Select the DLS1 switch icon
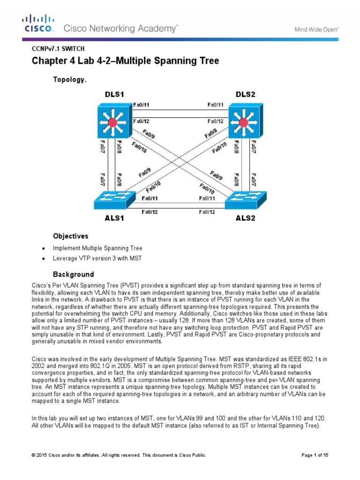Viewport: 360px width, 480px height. pos(112,123)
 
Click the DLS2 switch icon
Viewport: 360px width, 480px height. pos(243,123)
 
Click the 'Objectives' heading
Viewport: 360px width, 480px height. pos(70,236)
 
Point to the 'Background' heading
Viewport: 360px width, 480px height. pos(73,274)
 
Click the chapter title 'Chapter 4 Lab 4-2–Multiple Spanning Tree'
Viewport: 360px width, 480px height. pos(119,61)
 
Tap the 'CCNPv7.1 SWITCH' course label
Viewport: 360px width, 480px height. pos(58,48)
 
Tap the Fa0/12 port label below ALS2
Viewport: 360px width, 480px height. pos(208,212)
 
